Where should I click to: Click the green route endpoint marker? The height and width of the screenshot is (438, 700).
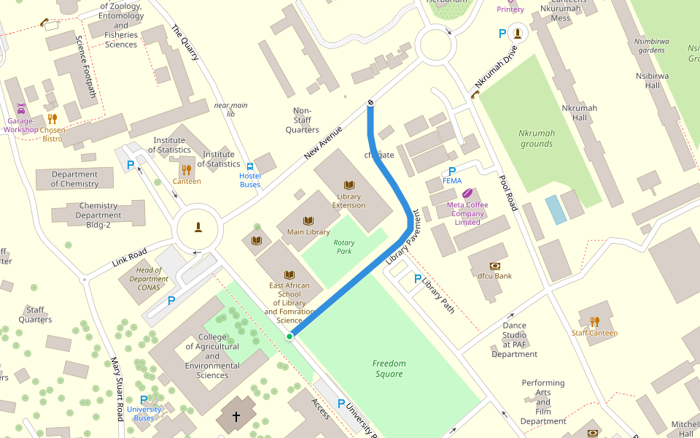click(289, 336)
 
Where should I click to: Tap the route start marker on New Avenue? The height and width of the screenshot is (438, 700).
click(370, 102)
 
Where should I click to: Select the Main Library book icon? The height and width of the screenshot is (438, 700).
click(308, 220)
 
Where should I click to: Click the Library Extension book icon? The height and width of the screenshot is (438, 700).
click(349, 185)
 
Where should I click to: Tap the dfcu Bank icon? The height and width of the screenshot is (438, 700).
click(495, 266)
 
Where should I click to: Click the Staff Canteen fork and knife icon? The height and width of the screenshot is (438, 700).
click(594, 321)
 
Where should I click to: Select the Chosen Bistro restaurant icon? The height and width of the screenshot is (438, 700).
click(52, 118)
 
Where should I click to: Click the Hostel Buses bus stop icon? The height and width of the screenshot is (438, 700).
click(250, 166)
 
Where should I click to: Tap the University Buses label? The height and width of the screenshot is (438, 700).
click(144, 414)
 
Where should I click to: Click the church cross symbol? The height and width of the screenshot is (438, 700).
click(236, 418)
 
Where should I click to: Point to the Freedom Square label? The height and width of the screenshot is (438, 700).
click(389, 369)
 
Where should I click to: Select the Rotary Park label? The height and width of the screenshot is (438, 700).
click(343, 247)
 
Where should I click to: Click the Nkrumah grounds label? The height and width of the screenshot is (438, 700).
click(537, 139)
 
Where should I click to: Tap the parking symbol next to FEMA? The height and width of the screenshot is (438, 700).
click(452, 171)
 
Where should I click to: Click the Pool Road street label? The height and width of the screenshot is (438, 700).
click(507, 193)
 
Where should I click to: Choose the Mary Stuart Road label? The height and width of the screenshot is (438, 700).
click(117, 388)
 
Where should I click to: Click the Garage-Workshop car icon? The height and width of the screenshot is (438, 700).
click(20, 109)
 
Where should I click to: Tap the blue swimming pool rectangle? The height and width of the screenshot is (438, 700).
click(555, 210)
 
